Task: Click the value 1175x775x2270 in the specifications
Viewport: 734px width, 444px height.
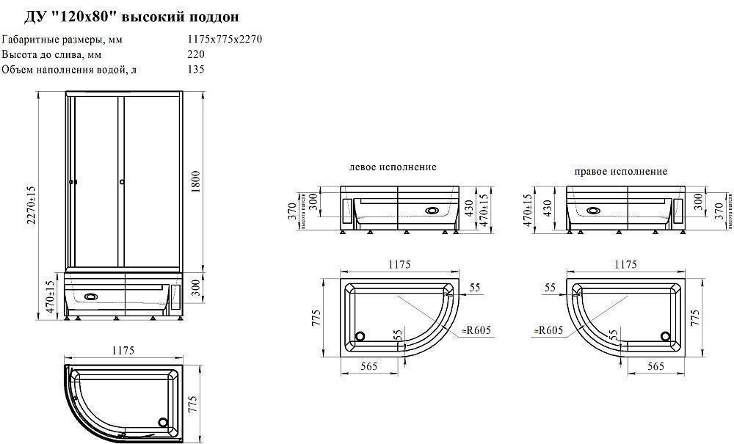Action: (x=225, y=39)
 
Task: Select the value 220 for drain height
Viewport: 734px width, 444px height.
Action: (x=196, y=54)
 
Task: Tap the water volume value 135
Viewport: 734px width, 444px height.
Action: (x=196, y=70)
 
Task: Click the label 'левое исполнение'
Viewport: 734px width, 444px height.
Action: (x=393, y=167)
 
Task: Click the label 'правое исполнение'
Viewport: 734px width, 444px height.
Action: (x=621, y=172)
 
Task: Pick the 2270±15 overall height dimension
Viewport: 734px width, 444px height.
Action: (x=32, y=205)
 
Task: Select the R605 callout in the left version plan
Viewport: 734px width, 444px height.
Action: (x=476, y=331)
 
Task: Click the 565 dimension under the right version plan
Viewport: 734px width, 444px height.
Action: (x=655, y=365)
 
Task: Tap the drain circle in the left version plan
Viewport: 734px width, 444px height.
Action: (x=360, y=336)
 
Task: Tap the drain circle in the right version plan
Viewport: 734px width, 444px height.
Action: (x=666, y=336)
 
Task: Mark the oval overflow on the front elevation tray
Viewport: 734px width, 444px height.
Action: (x=91, y=297)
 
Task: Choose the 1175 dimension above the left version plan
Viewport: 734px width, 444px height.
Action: (x=399, y=264)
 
